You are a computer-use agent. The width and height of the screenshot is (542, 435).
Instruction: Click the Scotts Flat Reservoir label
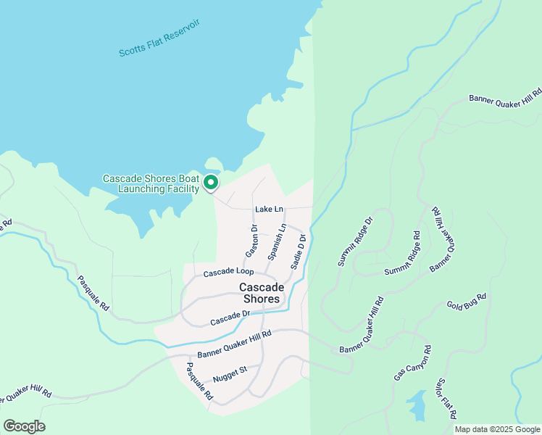tap(159, 39)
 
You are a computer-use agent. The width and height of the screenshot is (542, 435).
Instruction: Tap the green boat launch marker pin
tap(211, 182)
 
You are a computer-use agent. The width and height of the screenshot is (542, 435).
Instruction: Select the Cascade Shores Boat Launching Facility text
tap(151, 183)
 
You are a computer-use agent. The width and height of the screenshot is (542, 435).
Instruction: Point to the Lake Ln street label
tap(267, 210)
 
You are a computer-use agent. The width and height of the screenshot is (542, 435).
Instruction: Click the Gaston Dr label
tap(251, 241)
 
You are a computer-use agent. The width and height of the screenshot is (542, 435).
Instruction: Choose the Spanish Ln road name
tap(277, 242)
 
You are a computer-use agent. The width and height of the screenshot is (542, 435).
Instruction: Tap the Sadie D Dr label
tap(299, 252)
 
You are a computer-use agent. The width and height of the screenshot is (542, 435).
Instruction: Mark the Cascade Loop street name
tap(228, 273)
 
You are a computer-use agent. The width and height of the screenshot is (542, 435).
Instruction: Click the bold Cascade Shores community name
tap(259, 293)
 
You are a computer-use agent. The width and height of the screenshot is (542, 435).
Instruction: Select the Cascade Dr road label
tap(230, 318)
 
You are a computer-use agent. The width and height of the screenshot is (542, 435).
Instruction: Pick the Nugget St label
tap(230, 373)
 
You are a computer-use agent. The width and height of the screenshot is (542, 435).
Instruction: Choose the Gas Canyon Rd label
tap(413, 364)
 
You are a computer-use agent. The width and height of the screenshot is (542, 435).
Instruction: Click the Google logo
tap(24, 426)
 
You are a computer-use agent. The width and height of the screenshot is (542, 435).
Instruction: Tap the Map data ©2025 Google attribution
tap(496, 429)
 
